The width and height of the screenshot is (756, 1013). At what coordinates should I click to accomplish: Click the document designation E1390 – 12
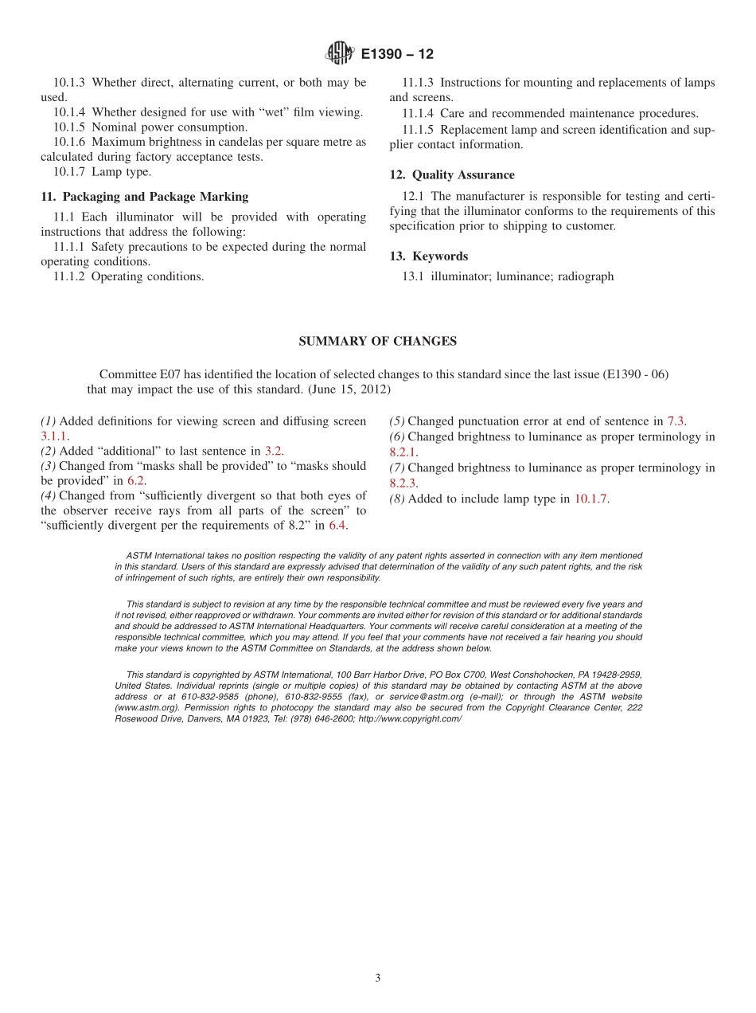tap(397, 54)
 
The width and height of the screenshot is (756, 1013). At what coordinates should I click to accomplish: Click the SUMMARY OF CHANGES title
tap(377, 341)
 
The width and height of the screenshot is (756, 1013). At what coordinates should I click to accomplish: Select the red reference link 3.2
tap(273, 451)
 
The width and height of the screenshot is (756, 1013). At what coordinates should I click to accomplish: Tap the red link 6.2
tap(135, 480)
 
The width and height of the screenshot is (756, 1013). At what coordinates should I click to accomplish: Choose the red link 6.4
tap(337, 525)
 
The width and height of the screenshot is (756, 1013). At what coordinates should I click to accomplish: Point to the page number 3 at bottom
tap(378, 978)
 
